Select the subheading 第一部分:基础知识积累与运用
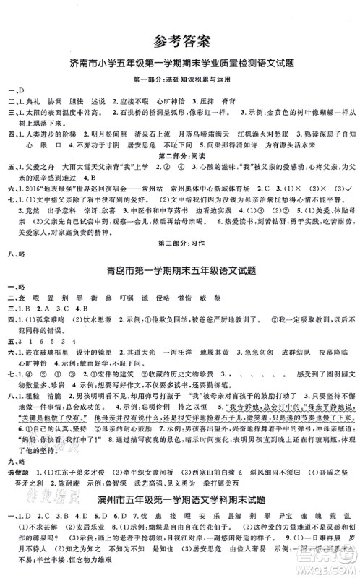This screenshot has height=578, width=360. tap(181, 78)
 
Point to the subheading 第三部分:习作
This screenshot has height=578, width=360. tap(181, 245)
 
